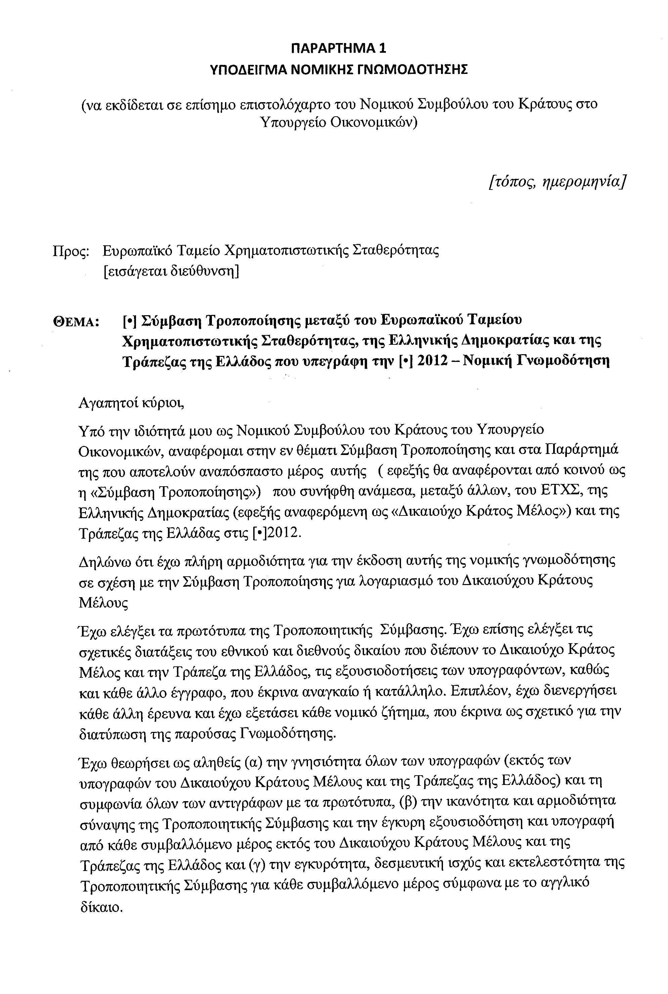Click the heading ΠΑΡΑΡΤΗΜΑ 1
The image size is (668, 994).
point(339,48)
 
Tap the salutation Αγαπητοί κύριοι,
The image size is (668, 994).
point(132,402)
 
